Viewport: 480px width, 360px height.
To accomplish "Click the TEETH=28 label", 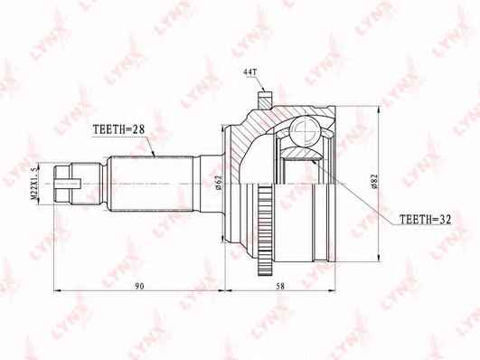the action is pyautogui.click(x=118, y=129).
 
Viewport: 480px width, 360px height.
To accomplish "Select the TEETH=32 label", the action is pyautogui.click(x=426, y=220).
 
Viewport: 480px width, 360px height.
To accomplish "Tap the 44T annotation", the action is pyautogui.click(x=249, y=72).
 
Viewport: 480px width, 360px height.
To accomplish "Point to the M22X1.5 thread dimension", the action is pyautogui.click(x=34, y=184).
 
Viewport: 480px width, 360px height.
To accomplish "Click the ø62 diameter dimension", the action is pyautogui.click(x=218, y=183).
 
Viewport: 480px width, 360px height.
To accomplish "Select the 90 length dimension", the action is pyautogui.click(x=139, y=286).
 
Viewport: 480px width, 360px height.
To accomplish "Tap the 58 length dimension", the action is pyautogui.click(x=280, y=286).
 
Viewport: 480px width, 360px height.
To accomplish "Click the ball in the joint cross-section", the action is pyautogui.click(x=306, y=129).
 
